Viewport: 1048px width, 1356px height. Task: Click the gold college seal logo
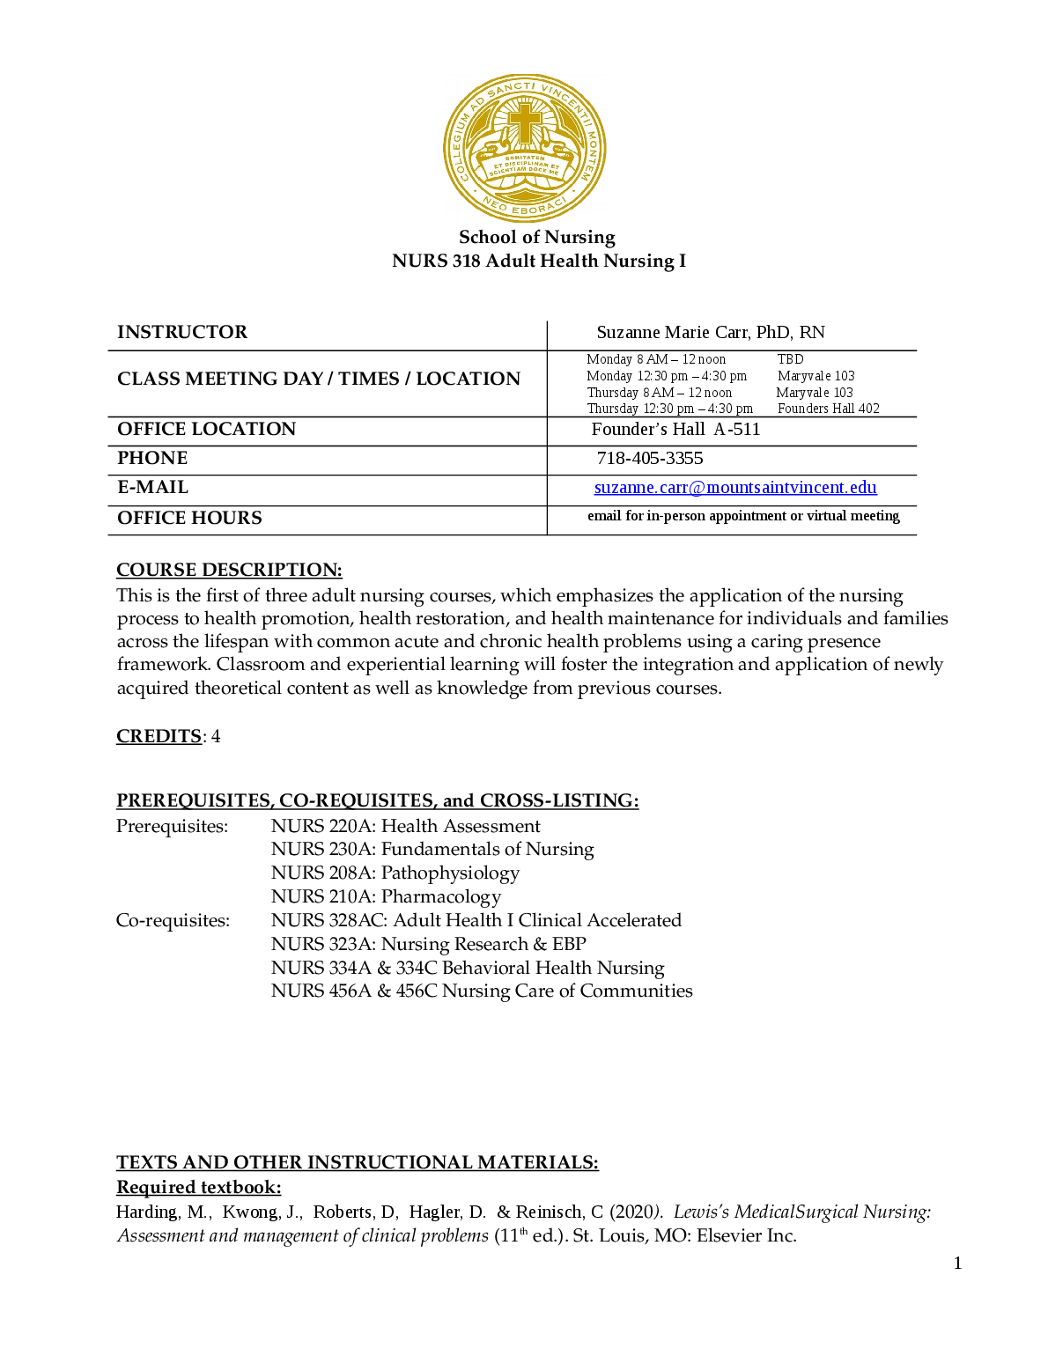point(524,148)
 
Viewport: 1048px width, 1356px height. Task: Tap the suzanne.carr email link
point(735,488)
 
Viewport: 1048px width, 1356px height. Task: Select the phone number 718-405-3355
point(650,459)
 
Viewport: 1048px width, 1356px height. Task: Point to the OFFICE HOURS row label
point(189,518)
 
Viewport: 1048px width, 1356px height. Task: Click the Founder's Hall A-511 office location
point(675,430)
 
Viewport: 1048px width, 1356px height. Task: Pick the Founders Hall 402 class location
point(828,409)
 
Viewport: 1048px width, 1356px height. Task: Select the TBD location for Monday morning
point(790,359)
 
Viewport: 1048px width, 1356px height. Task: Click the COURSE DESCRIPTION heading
point(229,570)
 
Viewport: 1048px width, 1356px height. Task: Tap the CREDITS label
point(159,736)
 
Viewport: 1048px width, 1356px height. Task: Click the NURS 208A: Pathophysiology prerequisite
point(395,873)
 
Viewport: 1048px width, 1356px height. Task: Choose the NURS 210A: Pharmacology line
point(386,896)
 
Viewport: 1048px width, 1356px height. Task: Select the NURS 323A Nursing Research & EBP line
point(428,944)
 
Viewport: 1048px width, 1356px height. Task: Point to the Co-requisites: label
point(173,920)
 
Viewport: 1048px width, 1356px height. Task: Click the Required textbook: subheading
point(198,1187)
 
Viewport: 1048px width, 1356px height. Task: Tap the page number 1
point(957,1264)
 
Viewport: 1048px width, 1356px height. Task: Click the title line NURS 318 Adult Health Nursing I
point(538,262)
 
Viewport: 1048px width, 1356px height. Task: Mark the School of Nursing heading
point(536,237)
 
